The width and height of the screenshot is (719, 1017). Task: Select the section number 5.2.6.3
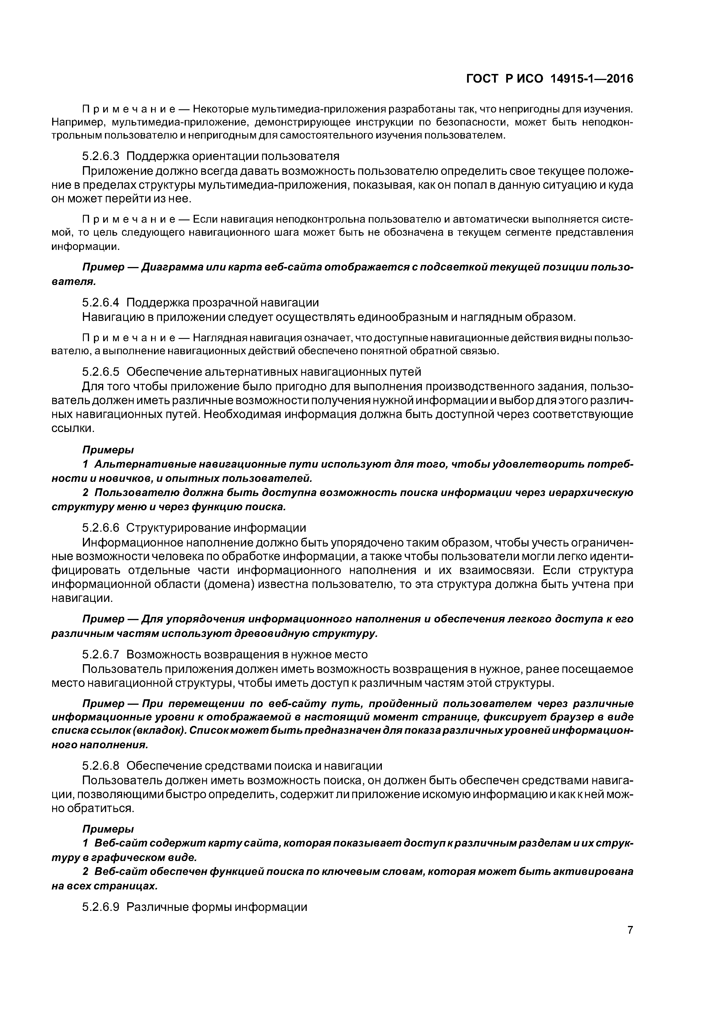click(101, 156)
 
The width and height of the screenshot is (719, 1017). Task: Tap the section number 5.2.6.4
click(101, 303)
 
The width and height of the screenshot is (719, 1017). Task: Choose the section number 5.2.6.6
click(101, 528)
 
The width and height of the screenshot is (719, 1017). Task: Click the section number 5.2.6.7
click(101, 654)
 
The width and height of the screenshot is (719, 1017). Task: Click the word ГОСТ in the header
click(483, 79)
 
